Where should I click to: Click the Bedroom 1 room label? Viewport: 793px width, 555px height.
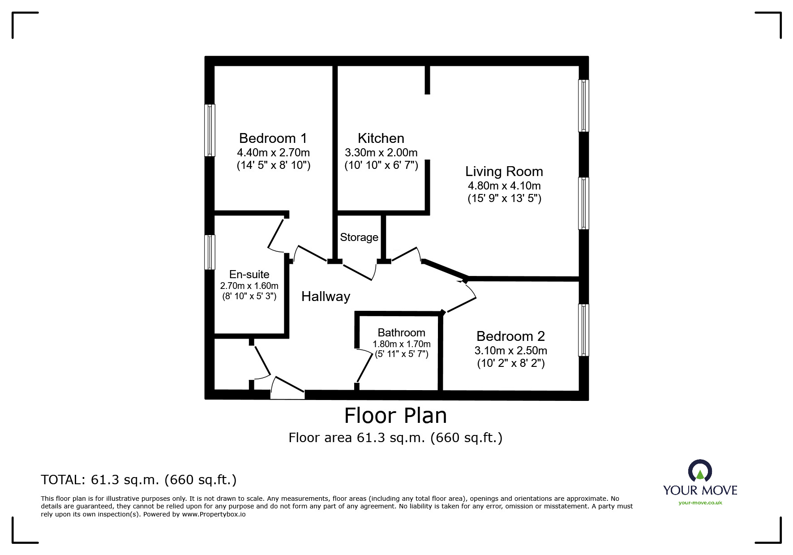273,138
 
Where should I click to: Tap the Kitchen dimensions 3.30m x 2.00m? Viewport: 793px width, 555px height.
381,152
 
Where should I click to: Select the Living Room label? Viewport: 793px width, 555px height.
504,172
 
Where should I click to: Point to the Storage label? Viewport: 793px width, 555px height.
359,237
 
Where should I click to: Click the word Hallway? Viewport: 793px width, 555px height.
326,297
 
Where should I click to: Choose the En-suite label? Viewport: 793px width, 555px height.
249,274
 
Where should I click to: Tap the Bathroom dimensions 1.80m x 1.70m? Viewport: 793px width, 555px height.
401,344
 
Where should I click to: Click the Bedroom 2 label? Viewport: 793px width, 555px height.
510,336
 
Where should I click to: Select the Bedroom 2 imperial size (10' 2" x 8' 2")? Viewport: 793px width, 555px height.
510,363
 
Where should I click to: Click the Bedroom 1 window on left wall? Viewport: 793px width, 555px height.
210,130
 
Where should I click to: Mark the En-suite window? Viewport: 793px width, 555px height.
210,252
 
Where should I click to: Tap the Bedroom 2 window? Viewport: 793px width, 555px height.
583,330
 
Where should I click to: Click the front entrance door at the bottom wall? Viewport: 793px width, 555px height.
287,388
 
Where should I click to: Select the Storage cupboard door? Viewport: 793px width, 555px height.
358,273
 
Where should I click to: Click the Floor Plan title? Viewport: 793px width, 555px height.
395,416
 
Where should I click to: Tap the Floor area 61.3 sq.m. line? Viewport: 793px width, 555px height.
395,437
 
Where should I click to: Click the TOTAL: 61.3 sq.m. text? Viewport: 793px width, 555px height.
138,480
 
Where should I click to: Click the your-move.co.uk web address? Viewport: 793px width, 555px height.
700,503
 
